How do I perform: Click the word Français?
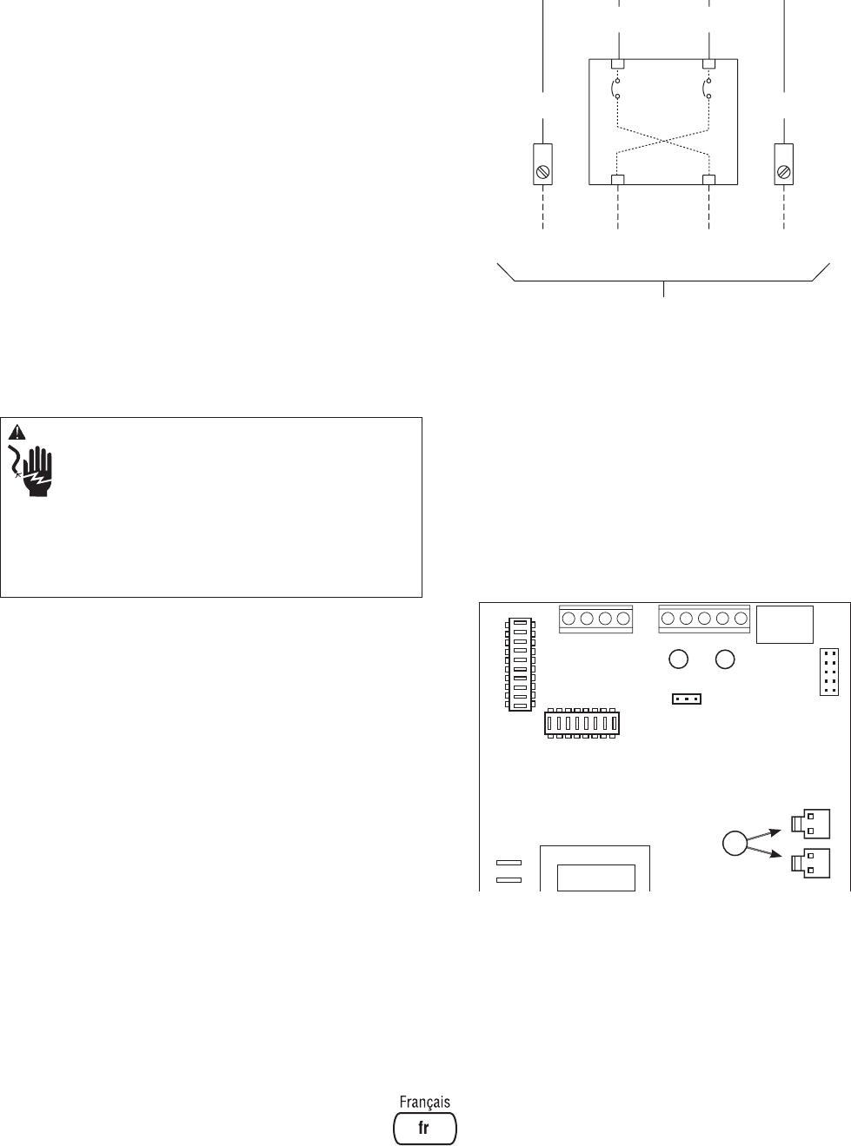[x=425, y=1101]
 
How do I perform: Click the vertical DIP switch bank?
[x=520, y=665]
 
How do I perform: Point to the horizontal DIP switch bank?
[x=581, y=723]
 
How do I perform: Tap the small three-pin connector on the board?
[x=687, y=699]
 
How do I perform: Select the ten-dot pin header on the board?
[x=829, y=672]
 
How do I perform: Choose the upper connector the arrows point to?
[x=809, y=821]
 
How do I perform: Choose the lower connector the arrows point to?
[x=809, y=862]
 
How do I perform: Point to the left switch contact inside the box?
[x=617, y=88]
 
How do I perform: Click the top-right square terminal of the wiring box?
[x=709, y=64]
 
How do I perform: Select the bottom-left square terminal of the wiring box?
[x=618, y=180]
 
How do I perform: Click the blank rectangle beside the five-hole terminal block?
[x=785, y=625]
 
